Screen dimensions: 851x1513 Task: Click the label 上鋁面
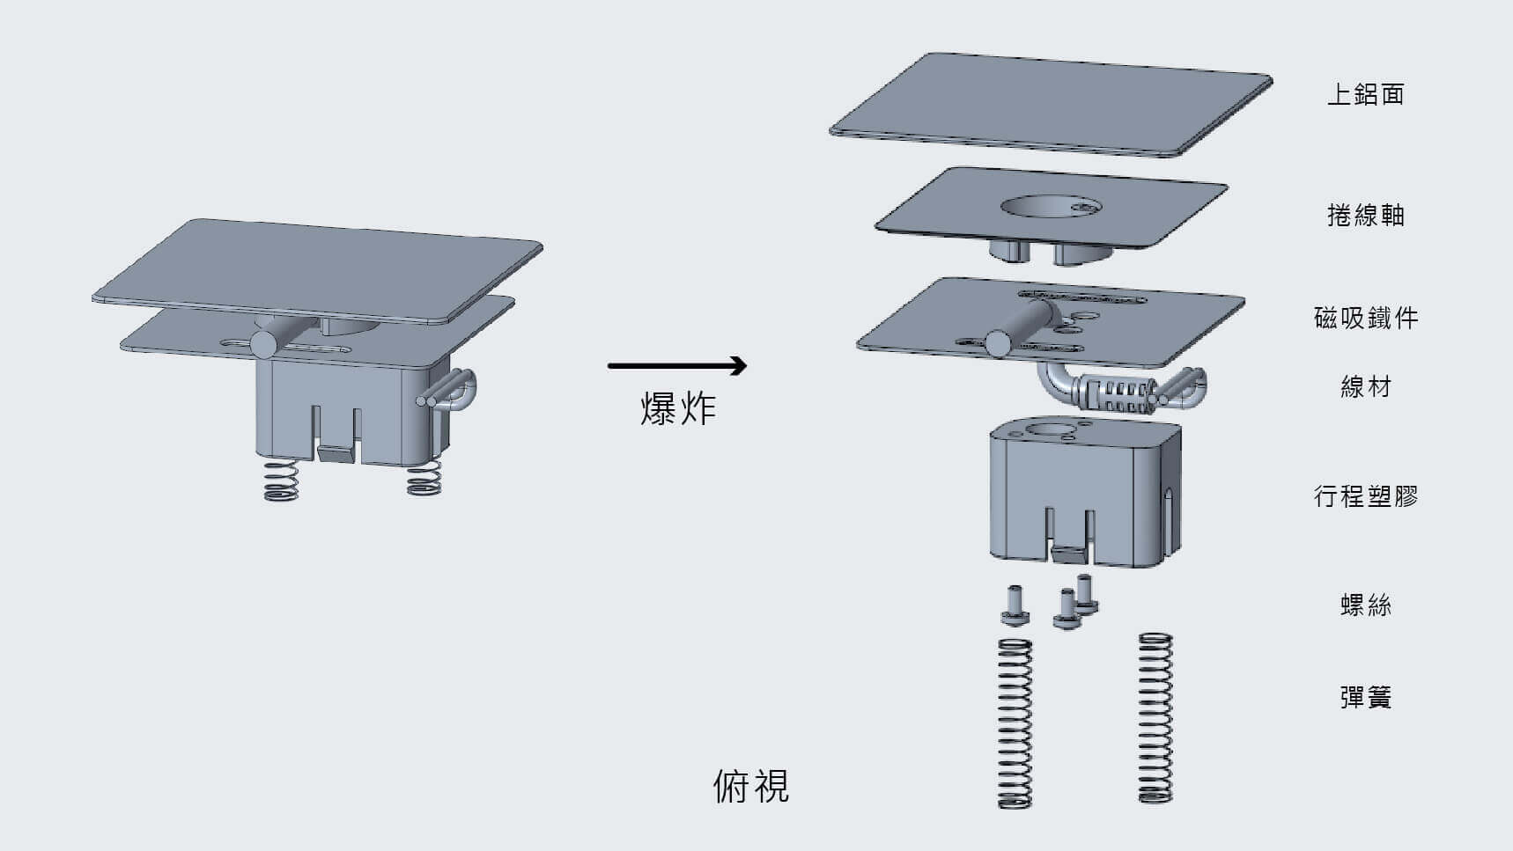coord(1365,94)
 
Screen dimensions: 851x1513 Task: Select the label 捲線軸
coord(1365,215)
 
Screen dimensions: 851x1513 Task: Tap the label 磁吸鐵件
coord(1365,318)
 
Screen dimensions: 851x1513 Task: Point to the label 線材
coord(1365,386)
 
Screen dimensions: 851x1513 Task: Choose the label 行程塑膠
coord(1365,496)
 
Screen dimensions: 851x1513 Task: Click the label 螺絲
coord(1365,605)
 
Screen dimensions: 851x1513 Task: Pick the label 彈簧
coord(1365,698)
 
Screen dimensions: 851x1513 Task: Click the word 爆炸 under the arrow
coord(677,409)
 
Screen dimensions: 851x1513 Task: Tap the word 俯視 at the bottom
coord(750,786)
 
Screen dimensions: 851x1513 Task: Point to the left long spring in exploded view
coord(1015,723)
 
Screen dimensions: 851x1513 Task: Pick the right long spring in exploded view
coord(1155,717)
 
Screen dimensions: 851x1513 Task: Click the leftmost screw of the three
coord(1015,607)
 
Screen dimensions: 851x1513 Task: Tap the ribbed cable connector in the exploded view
coord(1116,393)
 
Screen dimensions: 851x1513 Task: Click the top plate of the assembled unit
coord(317,268)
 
